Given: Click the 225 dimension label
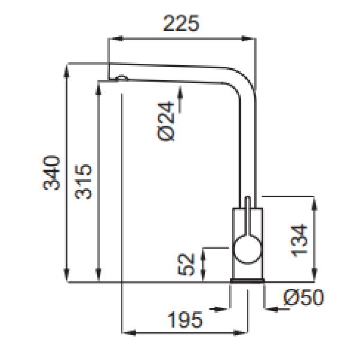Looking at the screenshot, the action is tap(181, 23).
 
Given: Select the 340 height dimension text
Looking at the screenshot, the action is tap(52, 173).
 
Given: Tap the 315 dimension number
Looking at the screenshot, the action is tap(83, 181).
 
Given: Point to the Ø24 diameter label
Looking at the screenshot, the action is tap(166, 121).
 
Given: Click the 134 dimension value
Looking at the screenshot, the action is tap(299, 241).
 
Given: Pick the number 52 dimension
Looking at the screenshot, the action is tap(186, 264).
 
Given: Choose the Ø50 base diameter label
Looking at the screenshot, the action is tap(304, 298).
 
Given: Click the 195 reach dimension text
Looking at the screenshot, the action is tap(185, 320).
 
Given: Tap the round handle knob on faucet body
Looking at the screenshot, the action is tap(247, 250).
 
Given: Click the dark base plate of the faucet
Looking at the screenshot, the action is tap(247, 281).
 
